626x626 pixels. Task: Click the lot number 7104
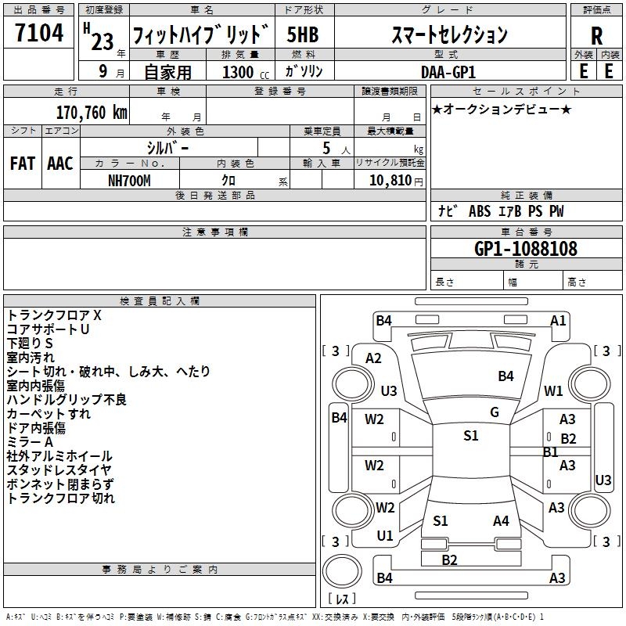pos(39,33)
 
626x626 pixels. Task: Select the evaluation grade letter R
pos(596,35)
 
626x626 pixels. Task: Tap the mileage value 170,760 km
pos(92,112)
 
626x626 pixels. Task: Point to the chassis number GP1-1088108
pos(526,249)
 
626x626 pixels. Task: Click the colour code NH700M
pos(129,180)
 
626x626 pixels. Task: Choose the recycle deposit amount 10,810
pos(384,180)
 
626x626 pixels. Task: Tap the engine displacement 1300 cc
pos(238,72)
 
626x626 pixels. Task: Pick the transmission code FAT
pos(22,163)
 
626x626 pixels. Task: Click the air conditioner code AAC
pos(60,163)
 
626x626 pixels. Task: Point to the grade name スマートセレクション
pos(449,34)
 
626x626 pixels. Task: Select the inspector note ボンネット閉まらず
pos(60,484)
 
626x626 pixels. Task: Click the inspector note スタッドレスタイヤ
pos(60,470)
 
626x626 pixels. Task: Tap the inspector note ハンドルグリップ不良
pos(67,400)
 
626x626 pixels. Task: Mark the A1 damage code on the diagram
pos(558,320)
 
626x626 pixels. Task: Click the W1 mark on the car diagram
pos(554,390)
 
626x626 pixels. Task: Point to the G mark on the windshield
pos(495,412)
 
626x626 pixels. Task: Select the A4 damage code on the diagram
pos(501,520)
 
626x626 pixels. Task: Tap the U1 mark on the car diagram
pos(385,536)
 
